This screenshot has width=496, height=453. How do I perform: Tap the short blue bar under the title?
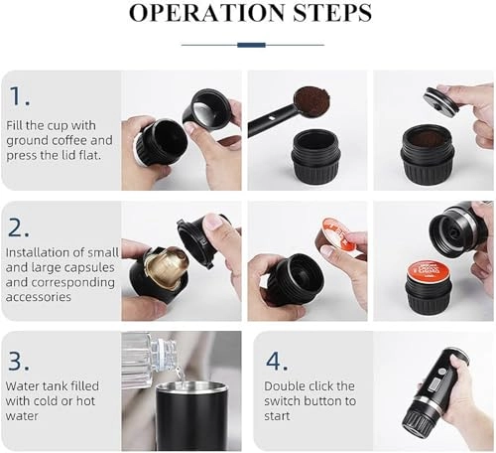click(252, 45)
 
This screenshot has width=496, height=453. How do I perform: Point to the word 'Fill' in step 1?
click(21, 124)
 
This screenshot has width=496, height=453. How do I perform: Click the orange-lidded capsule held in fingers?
click(338, 234)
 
